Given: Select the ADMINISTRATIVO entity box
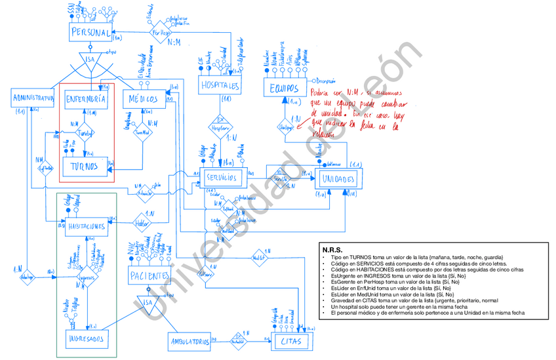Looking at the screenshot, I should coord(31,98).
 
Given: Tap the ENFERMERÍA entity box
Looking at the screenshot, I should coord(86,99).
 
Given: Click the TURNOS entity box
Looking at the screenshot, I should coord(86,167).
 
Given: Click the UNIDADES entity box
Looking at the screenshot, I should coord(338,179).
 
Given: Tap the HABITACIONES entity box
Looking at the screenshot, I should coord(86,226).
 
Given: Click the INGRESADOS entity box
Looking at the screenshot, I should coord(88,338).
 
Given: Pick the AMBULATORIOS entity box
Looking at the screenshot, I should coord(189,341).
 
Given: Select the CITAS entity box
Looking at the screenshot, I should coord(290,341).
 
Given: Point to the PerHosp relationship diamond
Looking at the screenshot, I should coord(161,32).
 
